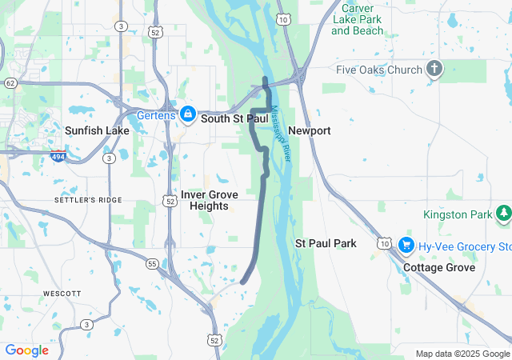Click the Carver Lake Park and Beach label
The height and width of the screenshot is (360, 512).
[357, 19]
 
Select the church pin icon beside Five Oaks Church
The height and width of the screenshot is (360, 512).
[434, 69]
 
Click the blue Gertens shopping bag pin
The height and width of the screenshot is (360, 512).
[186, 114]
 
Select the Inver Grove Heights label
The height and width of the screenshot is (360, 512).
[209, 200]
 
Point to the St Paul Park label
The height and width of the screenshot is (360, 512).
[326, 242]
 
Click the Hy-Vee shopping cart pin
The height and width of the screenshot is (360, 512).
[406, 245]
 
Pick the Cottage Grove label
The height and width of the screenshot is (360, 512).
[439, 267]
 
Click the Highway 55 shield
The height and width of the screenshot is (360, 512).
[152, 262]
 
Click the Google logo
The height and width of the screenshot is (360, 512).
[26, 350]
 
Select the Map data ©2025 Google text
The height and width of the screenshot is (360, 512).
[462, 354]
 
